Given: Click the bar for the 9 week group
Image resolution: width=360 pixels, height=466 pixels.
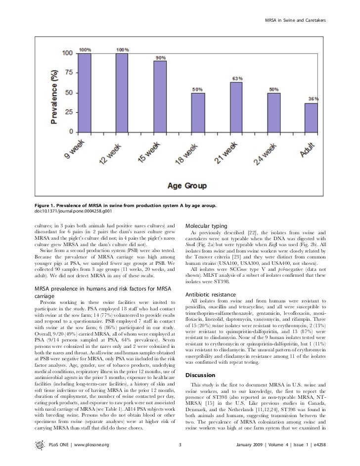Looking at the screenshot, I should point(85,92).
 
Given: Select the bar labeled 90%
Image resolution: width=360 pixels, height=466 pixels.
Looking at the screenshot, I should point(160,96).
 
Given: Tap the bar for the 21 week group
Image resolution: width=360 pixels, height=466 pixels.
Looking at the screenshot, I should point(236,107).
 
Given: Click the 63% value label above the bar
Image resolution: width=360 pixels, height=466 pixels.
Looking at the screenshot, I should point(237,78).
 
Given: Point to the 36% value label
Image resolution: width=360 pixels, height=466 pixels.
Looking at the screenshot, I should point(313,99).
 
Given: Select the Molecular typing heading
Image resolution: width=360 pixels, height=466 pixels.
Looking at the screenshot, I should point(208,225).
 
